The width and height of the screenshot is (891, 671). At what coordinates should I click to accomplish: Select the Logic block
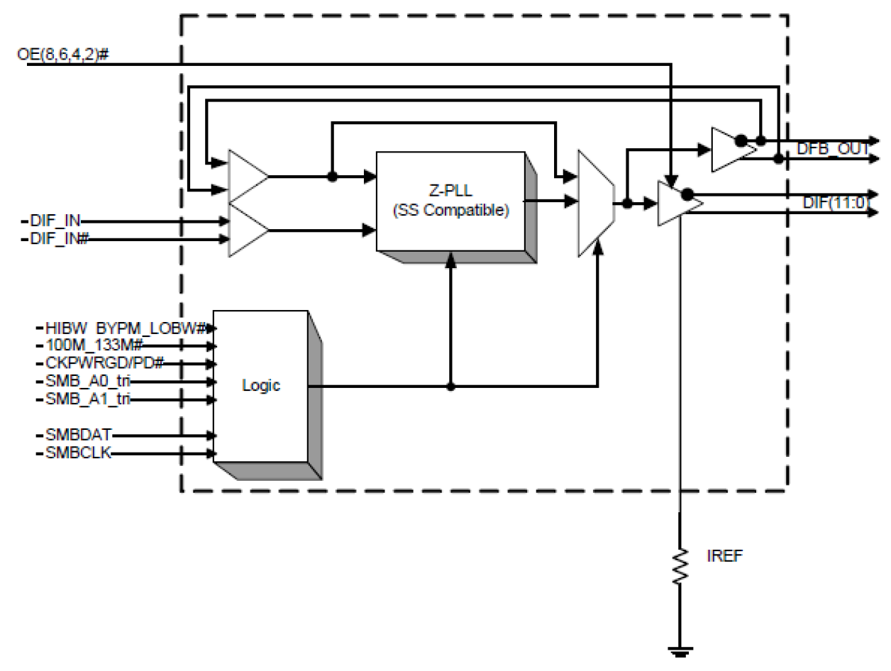coord(260,387)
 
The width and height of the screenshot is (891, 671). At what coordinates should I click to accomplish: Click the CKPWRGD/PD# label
coord(105,364)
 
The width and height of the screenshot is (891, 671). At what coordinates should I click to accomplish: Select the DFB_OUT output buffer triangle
coord(727,150)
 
